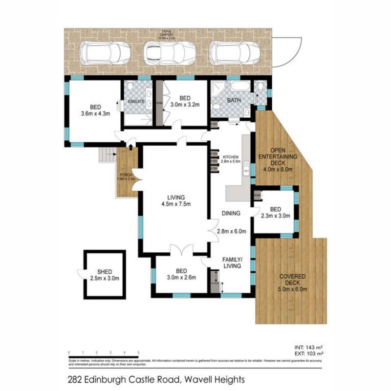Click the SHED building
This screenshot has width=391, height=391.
tap(105, 275)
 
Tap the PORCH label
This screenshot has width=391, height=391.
tap(126, 175)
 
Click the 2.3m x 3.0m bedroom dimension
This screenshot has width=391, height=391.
tap(275, 215)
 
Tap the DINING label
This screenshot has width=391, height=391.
tap(231, 214)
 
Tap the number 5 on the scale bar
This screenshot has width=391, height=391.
tap(139, 352)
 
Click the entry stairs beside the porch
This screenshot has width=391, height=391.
tap(108, 156)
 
